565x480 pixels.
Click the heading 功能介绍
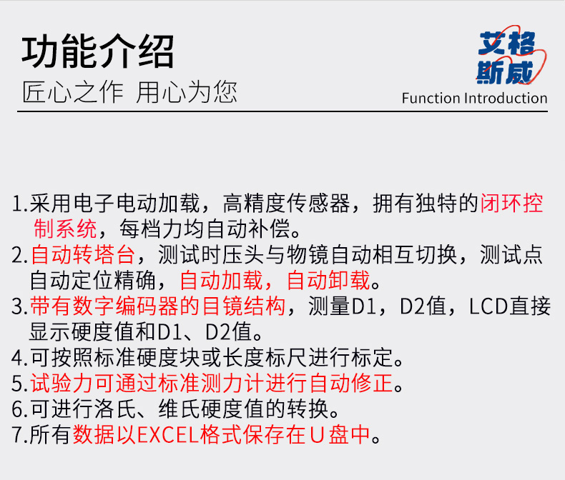(x=98, y=51)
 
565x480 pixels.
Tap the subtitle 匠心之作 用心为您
(x=129, y=92)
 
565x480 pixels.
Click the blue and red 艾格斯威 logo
(x=511, y=56)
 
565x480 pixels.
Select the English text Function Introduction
(x=475, y=98)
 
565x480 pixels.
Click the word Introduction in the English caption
(x=506, y=98)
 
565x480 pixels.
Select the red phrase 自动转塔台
(x=82, y=255)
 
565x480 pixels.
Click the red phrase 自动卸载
(x=328, y=280)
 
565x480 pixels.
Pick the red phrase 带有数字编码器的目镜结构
(x=158, y=306)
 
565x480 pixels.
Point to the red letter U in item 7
(x=317, y=435)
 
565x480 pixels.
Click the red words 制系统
(x=65, y=229)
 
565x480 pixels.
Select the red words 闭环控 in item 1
(x=511, y=204)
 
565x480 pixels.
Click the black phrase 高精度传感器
(x=287, y=204)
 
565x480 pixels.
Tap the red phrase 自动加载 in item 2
(x=221, y=280)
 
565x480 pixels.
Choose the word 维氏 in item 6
(x=179, y=409)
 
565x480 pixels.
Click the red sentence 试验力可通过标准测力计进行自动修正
(x=212, y=383)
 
